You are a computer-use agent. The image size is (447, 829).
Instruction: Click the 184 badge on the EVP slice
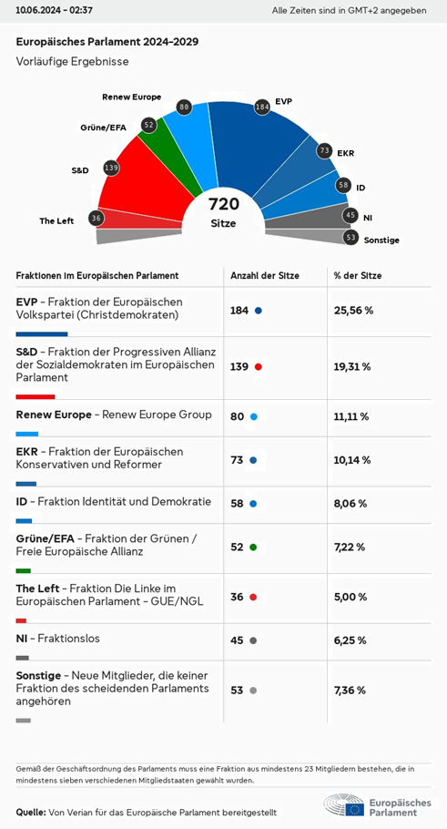(x=262, y=106)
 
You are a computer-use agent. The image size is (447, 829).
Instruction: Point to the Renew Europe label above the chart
(x=131, y=97)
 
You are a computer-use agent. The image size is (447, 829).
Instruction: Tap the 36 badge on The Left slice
(x=96, y=218)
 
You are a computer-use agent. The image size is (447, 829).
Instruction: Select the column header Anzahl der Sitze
(x=265, y=275)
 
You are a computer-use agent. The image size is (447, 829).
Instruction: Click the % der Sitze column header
(x=358, y=275)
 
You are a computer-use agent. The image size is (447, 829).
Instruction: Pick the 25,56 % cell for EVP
(x=353, y=311)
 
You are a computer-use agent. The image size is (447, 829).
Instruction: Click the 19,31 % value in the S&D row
(x=352, y=367)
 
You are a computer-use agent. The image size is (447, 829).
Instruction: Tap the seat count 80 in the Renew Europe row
(x=238, y=416)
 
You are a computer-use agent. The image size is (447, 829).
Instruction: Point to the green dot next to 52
(x=253, y=548)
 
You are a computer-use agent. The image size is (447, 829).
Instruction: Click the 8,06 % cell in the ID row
(x=350, y=503)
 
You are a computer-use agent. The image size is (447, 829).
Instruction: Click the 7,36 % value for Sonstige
(x=350, y=691)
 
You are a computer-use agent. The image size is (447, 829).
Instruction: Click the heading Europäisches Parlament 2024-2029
(x=107, y=42)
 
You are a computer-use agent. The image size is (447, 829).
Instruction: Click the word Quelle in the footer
(x=31, y=812)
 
